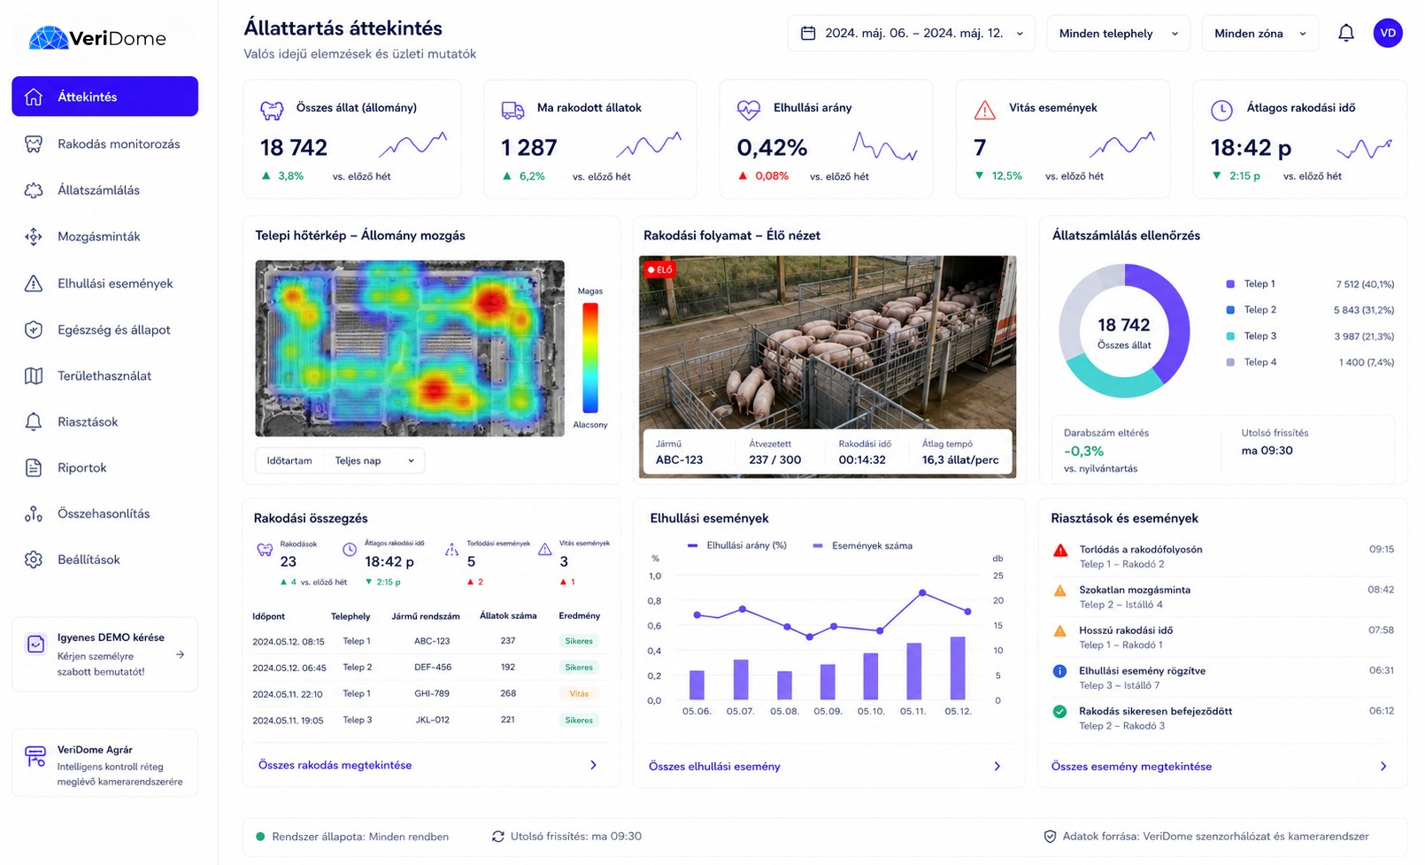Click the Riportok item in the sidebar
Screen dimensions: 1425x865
pyautogui.click(x=81, y=467)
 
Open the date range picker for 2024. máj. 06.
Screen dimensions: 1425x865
pyautogui.click(x=911, y=33)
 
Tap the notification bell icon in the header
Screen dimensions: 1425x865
pyautogui.click(x=1345, y=33)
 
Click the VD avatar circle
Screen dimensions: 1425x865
pyautogui.click(x=1388, y=33)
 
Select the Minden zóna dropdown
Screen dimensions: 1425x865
pyautogui.click(x=1259, y=33)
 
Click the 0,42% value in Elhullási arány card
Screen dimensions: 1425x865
pyautogui.click(x=772, y=148)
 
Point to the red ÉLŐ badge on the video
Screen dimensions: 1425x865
pyautogui.click(x=659, y=269)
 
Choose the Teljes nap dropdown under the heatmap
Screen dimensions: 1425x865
pyautogui.click(x=374, y=460)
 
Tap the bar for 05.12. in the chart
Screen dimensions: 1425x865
pyautogui.click(x=958, y=668)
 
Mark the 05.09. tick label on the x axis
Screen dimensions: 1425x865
pyautogui.click(x=828, y=711)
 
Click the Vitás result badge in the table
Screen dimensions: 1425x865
pyautogui.click(x=579, y=694)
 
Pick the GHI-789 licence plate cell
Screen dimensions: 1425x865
pyautogui.click(x=432, y=693)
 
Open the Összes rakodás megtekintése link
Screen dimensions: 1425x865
pyautogui.click(x=335, y=765)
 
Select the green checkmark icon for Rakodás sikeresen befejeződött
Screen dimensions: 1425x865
pyautogui.click(x=1059, y=712)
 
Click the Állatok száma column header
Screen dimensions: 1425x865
pyautogui.click(x=508, y=615)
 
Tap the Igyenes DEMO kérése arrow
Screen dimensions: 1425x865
pyautogui.click(x=181, y=654)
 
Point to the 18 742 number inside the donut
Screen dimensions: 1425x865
pyautogui.click(x=1123, y=325)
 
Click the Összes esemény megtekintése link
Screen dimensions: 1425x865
pyautogui.click(x=1131, y=767)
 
